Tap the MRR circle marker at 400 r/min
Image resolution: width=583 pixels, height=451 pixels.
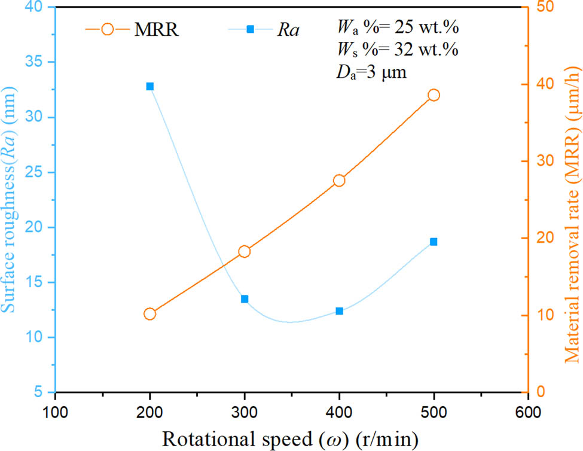pos(339,180)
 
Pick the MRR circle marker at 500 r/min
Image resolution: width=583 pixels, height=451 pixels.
pos(434,95)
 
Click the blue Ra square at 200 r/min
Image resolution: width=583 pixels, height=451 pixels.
pos(149,86)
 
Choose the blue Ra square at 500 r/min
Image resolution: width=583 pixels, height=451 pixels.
pos(434,225)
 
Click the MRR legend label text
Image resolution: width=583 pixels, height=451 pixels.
pos(157,29)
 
